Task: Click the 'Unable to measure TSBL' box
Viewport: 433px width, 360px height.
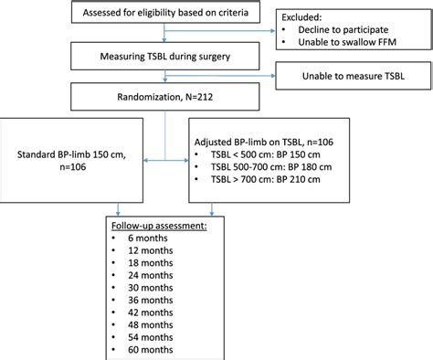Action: click(x=354, y=81)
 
